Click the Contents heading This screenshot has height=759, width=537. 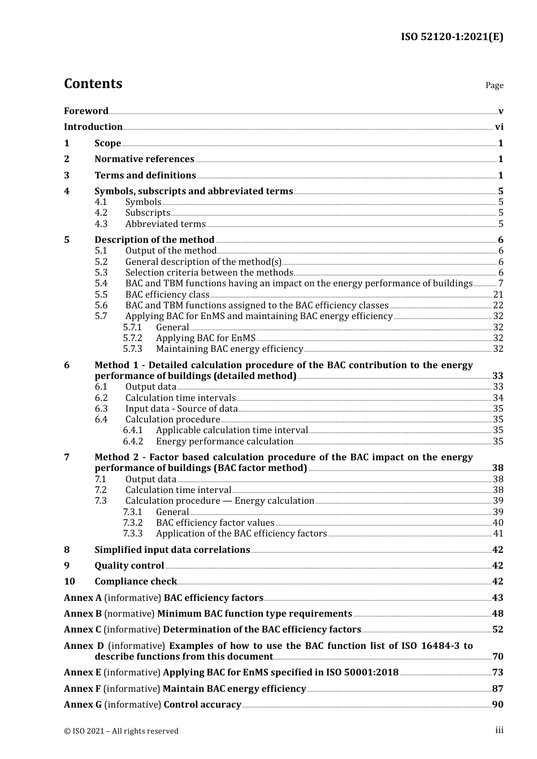[93, 84]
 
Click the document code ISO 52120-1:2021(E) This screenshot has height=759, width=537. [452, 37]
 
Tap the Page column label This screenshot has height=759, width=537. [494, 85]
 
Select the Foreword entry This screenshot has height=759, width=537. [86, 111]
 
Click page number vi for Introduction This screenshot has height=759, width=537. [499, 127]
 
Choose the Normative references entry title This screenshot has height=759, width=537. [144, 159]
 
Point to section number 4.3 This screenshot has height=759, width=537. [101, 224]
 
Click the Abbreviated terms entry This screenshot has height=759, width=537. [165, 224]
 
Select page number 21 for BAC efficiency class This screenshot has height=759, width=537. [498, 294]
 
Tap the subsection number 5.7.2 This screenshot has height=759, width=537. [132, 338]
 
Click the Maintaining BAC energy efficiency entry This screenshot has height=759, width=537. [229, 349]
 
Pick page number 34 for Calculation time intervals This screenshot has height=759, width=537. [498, 398]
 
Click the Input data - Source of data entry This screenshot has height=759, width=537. [181, 408]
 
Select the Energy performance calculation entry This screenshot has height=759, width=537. [224, 441]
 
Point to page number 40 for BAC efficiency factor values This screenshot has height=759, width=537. [498, 523]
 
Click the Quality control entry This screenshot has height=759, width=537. [129, 566]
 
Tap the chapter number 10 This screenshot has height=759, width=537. [69, 582]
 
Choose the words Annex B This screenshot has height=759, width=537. [83, 614]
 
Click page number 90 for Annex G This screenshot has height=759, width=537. [498, 705]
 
